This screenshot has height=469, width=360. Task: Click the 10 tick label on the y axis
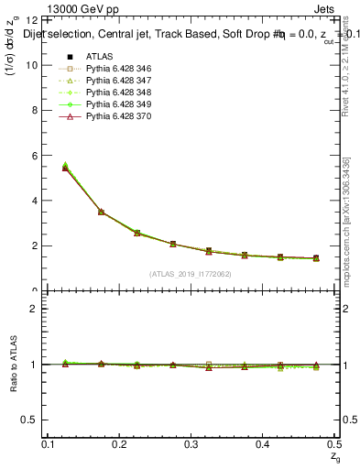(x=35, y=65)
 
